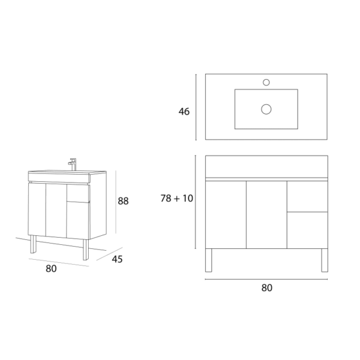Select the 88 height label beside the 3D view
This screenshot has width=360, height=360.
point(123,202)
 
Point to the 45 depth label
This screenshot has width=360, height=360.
point(118,259)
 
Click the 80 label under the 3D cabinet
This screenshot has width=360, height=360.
point(51,269)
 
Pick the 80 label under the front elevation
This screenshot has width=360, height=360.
point(267,287)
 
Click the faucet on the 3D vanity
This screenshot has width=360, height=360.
point(73,163)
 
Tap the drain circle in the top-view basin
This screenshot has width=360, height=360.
point(266,109)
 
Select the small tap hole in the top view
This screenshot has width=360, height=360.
point(267,82)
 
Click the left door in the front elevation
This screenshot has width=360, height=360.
point(226,214)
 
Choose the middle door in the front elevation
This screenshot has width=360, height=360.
point(266,214)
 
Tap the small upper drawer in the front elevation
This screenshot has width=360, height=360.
point(307,196)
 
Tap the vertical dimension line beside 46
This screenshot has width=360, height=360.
point(196,107)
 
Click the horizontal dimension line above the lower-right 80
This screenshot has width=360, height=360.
point(266,280)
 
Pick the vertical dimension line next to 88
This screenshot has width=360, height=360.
point(115,202)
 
